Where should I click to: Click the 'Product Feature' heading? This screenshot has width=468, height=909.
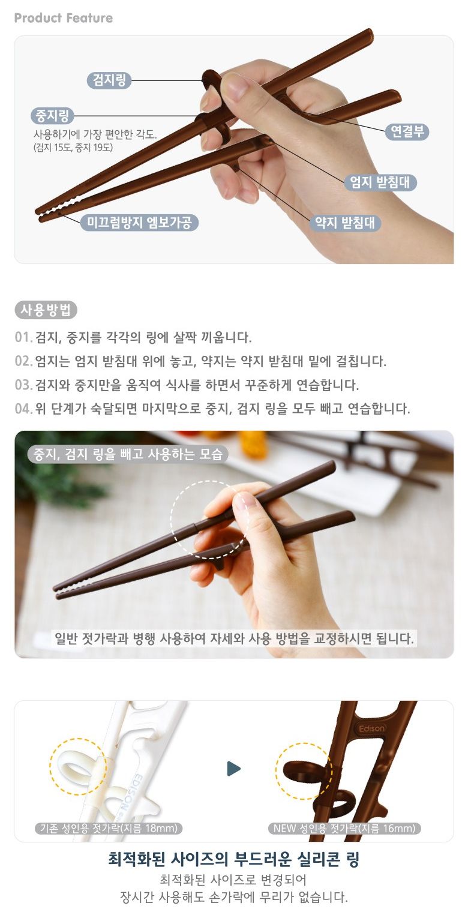[x=64, y=18]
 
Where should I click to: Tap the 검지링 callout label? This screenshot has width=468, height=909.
[x=109, y=80]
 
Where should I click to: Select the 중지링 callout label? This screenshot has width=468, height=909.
[x=52, y=116]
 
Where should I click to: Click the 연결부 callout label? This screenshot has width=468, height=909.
[x=407, y=131]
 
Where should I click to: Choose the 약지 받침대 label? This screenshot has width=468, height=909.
[x=345, y=223]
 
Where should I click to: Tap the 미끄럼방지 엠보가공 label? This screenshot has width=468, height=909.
[x=139, y=223]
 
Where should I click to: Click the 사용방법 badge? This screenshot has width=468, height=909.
[x=46, y=310]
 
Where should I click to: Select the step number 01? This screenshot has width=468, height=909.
[x=23, y=337]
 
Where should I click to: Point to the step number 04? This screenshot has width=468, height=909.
[x=23, y=409]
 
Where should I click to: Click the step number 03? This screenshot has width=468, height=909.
[x=23, y=385]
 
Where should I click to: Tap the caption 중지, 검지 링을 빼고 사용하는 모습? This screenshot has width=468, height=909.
[x=128, y=454]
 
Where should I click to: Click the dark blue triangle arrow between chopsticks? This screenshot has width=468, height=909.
[x=233, y=768]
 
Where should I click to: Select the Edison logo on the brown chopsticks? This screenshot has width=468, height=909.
[x=371, y=728]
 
